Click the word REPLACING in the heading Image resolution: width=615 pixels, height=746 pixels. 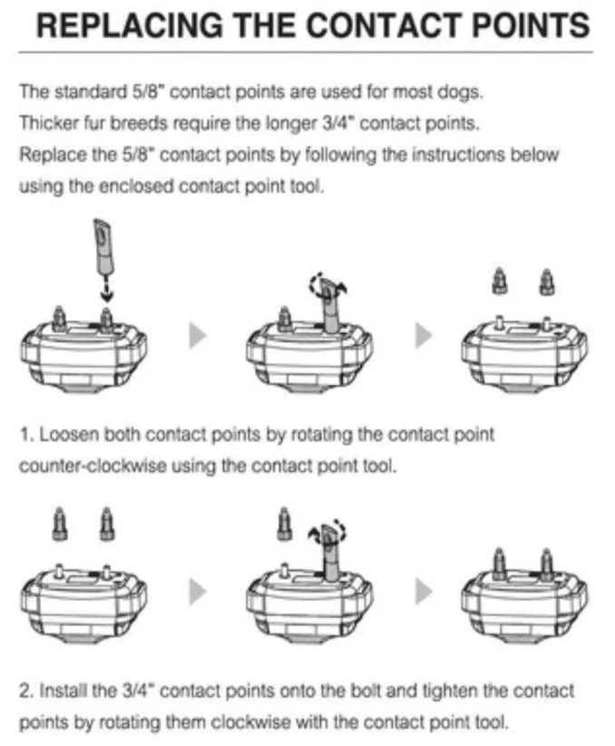[130, 25]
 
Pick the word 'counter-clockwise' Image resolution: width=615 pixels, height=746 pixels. [93, 466]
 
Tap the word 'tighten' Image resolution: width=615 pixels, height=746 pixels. [451, 691]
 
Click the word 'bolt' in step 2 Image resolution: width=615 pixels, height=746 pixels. [366, 691]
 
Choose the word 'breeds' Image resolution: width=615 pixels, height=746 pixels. [140, 123]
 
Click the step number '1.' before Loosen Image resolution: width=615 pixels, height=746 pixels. [26, 435]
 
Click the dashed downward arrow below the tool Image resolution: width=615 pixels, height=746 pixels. [107, 288]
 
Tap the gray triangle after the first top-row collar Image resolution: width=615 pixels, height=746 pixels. [197, 336]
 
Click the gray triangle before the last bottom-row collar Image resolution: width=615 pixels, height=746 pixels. [424, 592]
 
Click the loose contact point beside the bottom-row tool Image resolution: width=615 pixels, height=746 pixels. [284, 524]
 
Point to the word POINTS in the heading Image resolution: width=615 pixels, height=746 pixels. [531, 25]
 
